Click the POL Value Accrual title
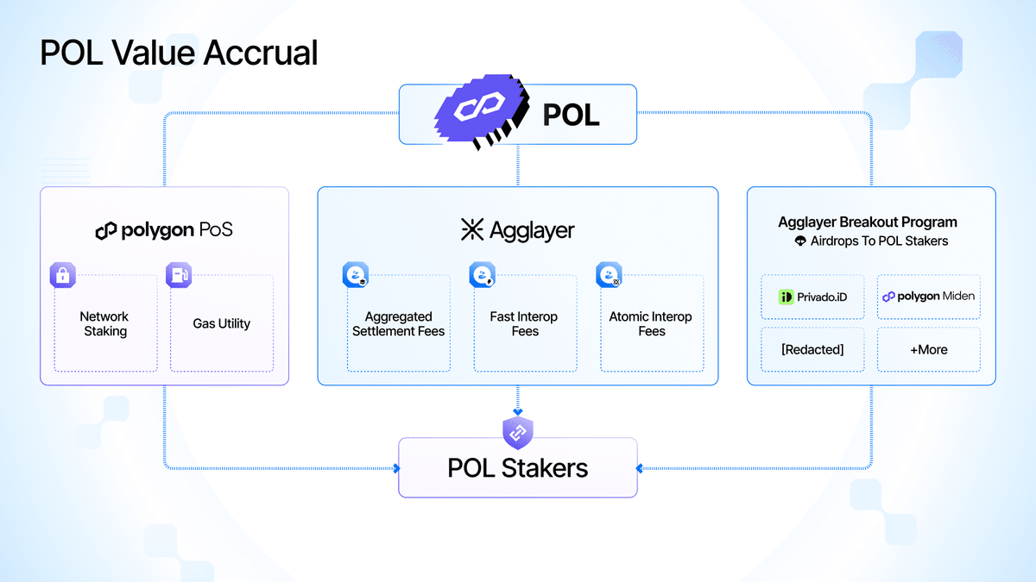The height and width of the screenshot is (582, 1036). tap(179, 52)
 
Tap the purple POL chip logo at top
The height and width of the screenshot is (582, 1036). tap(479, 114)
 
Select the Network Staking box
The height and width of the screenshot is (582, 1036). tap(105, 323)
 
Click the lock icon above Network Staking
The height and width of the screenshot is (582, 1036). tap(62, 276)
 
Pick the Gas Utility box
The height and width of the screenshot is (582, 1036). tap(222, 323)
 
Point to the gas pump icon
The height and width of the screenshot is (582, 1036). tap(179, 276)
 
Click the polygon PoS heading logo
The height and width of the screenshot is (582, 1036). tap(105, 231)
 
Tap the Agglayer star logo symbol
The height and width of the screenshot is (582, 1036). tap(472, 229)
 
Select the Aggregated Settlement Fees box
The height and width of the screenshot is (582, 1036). tap(398, 323)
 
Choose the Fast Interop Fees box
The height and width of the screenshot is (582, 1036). tap(525, 323)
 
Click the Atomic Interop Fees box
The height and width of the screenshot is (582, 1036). tap(651, 323)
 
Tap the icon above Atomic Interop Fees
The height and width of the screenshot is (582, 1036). tap(609, 276)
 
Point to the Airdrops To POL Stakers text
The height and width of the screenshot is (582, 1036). tap(879, 241)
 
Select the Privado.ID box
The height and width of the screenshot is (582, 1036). tap(812, 297)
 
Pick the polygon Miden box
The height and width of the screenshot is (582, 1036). tap(928, 297)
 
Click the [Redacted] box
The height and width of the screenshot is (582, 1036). tap(812, 349)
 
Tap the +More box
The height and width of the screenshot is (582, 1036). tap(928, 349)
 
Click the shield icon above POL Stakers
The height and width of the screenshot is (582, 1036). tap(518, 433)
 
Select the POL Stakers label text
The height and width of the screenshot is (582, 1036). tap(518, 468)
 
